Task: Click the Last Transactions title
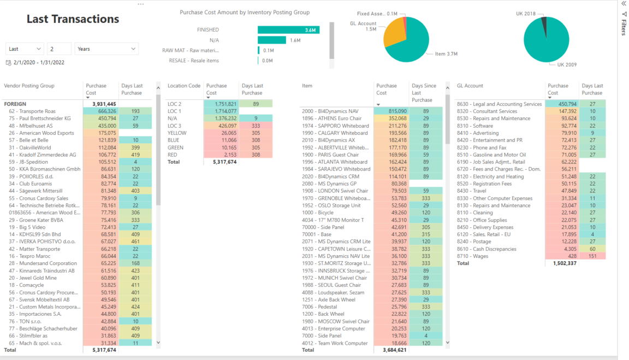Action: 73,19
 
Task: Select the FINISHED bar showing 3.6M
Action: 287,30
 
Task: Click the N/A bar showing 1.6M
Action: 272,40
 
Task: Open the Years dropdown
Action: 106,49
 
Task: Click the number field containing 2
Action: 59,49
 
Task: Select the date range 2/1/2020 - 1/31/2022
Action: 38,63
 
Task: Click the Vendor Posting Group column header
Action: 29,86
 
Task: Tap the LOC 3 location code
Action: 175,126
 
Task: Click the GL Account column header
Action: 470,86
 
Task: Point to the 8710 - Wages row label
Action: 473,256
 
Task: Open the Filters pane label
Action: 624,27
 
